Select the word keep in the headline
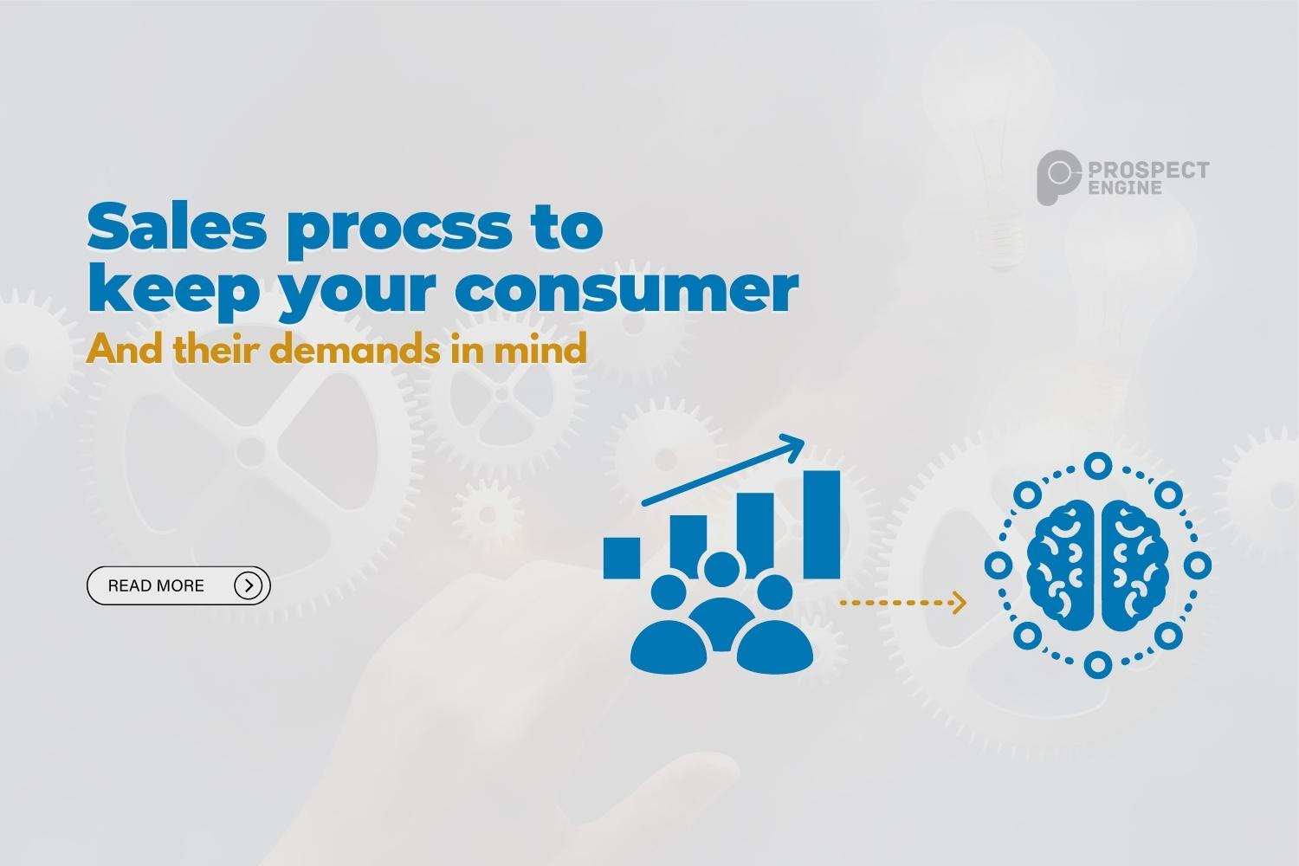tap(174, 293)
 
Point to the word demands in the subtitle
tap(357, 350)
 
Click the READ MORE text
tap(156, 586)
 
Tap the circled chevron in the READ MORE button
tap(249, 586)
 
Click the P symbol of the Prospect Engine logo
tap(1057, 178)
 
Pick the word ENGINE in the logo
tap(1125, 187)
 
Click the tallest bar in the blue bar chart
tap(822, 524)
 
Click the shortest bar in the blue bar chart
tap(622, 557)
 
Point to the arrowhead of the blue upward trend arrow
tap(792, 447)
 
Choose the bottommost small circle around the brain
tap(1097, 665)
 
